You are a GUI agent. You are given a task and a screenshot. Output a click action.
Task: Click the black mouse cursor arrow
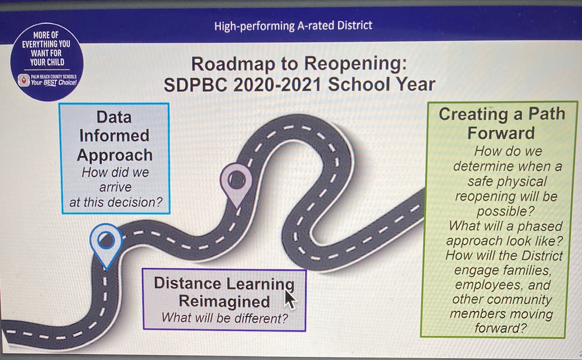(291, 299)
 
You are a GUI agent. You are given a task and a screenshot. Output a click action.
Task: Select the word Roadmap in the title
(233, 64)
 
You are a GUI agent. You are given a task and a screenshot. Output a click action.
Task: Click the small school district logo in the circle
(24, 80)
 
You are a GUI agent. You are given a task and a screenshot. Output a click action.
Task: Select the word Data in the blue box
(114, 117)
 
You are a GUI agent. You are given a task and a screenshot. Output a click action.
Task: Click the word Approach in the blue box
(114, 156)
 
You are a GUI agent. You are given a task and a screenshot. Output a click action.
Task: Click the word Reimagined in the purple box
(224, 302)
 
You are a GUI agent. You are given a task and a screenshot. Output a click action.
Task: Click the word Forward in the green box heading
(501, 133)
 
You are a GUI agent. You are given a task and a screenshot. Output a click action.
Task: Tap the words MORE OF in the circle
(46, 35)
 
